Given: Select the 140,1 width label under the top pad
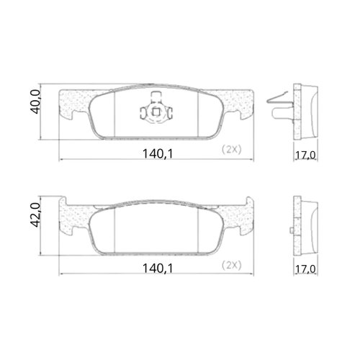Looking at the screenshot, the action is (158, 154).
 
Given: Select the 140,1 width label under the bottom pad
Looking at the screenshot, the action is (158, 269).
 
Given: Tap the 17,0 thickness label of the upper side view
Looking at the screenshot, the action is (305, 156).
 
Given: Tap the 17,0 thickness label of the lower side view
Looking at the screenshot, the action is (305, 269).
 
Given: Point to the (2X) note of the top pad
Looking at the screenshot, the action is (232, 150).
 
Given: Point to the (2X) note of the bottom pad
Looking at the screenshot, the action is (232, 266).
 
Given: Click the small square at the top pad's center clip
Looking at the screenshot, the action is (156, 112).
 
